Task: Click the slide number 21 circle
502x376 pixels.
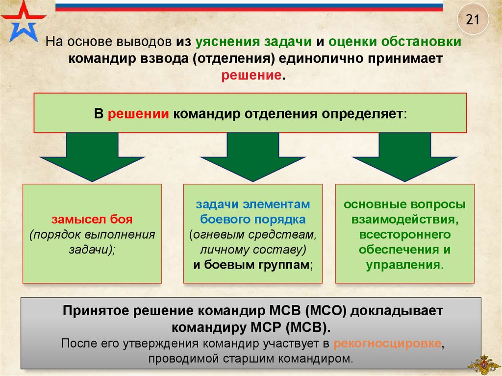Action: [x=472, y=20]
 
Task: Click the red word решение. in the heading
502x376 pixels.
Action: [x=253, y=76]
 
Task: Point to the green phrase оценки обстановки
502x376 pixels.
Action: [x=395, y=43]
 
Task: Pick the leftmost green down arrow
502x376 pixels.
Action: [x=92, y=156]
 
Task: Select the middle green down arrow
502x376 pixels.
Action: [x=252, y=156]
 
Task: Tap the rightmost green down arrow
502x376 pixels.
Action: [x=404, y=156]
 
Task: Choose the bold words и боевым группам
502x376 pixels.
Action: [x=253, y=264]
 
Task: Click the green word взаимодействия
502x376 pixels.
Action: [x=404, y=219]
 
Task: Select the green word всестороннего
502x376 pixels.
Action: [x=404, y=234]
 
